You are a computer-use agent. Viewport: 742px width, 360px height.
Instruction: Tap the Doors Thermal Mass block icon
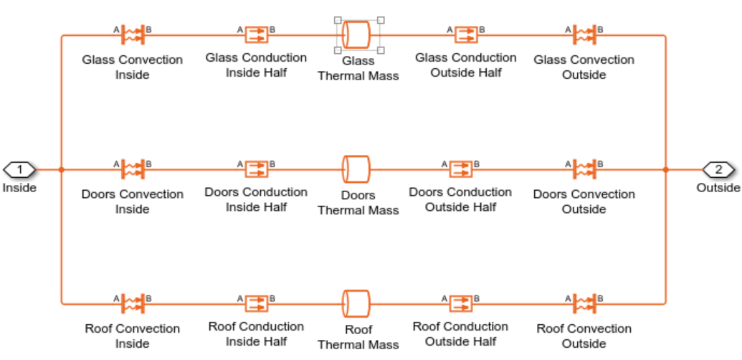click(x=356, y=169)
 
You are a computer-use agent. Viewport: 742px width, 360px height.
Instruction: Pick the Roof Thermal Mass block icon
click(x=356, y=303)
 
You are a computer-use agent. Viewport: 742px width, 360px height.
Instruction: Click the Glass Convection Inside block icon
click(x=133, y=34)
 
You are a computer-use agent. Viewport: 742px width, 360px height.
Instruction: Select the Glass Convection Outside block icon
click(x=584, y=34)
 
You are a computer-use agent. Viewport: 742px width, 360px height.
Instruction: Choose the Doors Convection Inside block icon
click(x=133, y=169)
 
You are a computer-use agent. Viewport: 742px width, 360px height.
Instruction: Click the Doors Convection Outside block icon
click(x=584, y=169)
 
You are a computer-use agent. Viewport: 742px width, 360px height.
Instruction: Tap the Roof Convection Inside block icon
click(x=133, y=303)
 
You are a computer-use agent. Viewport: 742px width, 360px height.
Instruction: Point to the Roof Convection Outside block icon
click(x=584, y=303)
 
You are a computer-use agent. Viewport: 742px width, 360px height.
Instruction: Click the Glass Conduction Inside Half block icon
click(x=256, y=34)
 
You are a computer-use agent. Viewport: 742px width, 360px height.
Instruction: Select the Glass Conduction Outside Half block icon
click(x=465, y=34)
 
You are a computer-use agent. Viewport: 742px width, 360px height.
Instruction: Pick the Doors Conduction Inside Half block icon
click(x=256, y=169)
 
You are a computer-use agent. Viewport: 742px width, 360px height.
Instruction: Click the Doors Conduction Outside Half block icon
click(x=460, y=169)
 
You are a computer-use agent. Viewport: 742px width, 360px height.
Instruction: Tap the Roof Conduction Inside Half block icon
click(x=256, y=303)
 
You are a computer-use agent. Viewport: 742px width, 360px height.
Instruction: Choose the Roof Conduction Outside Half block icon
click(x=460, y=303)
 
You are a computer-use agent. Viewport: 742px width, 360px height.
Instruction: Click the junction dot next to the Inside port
click(x=62, y=170)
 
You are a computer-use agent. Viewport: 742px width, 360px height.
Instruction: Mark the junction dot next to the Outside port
click(x=666, y=170)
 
